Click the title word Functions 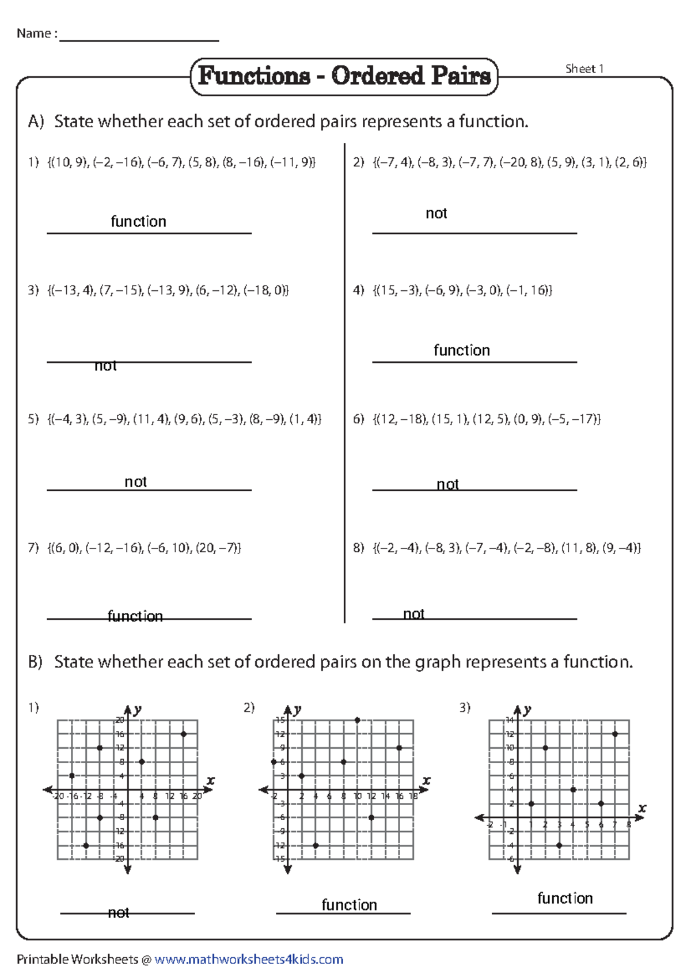pyautogui.click(x=254, y=76)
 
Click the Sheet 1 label pyautogui.click(x=584, y=69)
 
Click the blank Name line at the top pyautogui.click(x=139, y=36)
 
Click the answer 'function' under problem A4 pyautogui.click(x=462, y=350)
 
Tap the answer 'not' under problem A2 pyautogui.click(x=436, y=214)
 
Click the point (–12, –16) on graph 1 pyautogui.click(x=86, y=846)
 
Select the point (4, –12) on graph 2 pyautogui.click(x=316, y=846)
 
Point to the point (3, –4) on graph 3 pyautogui.click(x=559, y=846)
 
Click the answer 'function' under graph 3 pyautogui.click(x=565, y=899)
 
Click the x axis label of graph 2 pyautogui.click(x=427, y=780)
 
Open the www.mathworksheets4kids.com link pyautogui.click(x=249, y=960)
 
